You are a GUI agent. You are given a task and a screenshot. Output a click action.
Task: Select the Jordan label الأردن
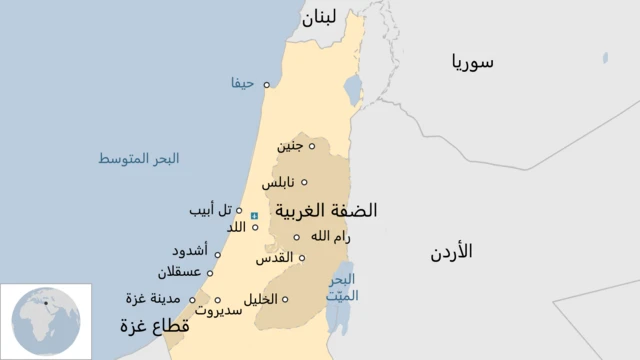tap(451, 251)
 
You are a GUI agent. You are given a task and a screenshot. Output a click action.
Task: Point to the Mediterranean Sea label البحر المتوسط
tap(138, 159)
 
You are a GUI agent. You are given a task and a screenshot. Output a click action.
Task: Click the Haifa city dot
tap(266, 84)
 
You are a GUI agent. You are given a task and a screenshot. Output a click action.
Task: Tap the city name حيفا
tap(243, 84)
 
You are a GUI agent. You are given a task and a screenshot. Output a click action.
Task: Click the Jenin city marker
tap(311, 146)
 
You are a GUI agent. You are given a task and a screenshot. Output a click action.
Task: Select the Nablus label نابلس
tap(278, 183)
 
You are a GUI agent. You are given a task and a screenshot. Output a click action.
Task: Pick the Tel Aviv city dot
tap(239, 210)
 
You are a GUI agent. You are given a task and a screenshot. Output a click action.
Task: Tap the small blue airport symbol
tap(253, 216)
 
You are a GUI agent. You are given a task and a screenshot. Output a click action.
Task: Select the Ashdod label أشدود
tap(189, 252)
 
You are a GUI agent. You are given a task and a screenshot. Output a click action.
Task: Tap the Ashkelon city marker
tap(210, 271)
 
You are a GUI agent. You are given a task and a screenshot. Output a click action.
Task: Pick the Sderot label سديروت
tap(218, 311)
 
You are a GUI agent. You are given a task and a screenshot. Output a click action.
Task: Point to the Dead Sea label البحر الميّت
tap(343, 287)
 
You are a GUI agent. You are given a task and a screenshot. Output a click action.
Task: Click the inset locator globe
tap(45, 321)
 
